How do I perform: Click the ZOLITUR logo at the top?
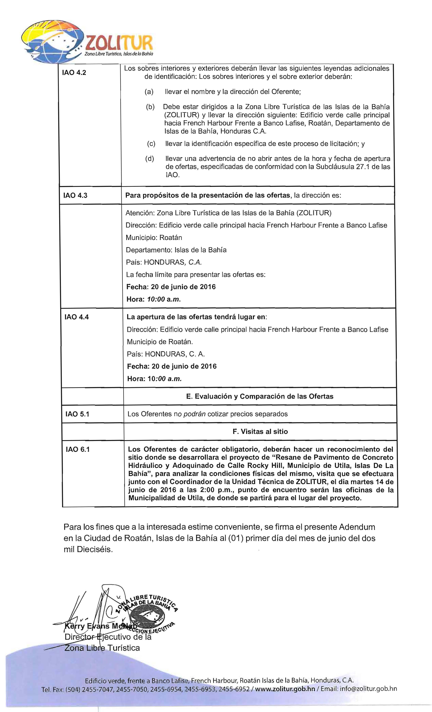pyautogui.click(x=87, y=40)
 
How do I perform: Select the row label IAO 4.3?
pyautogui.click(x=75, y=195)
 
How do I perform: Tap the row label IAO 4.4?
pyautogui.click(x=76, y=317)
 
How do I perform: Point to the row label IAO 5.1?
pyautogui.click(x=77, y=414)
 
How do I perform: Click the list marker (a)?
pyautogui.click(x=149, y=92)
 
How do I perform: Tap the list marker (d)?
pyautogui.click(x=150, y=159)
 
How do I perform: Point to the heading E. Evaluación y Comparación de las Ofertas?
pyautogui.click(x=260, y=396)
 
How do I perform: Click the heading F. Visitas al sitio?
pyautogui.click(x=260, y=431)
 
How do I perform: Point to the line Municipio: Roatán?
pyautogui.click(x=154, y=238)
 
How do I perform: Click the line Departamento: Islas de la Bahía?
pyautogui.click(x=176, y=250)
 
